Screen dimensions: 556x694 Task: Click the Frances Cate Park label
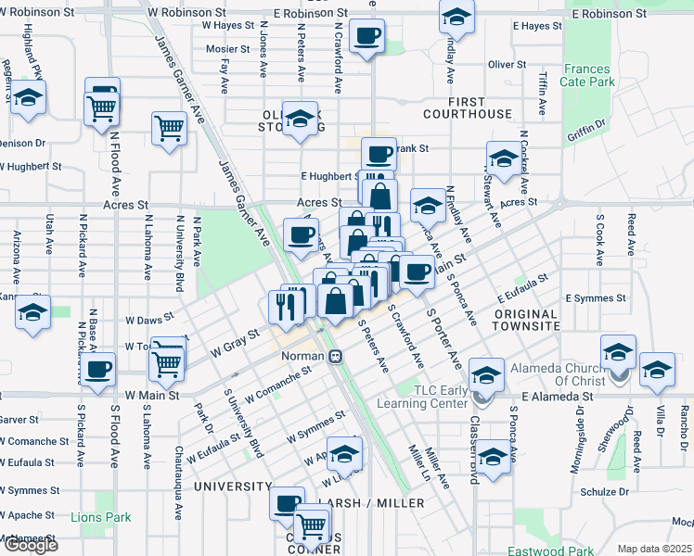(x=588, y=75)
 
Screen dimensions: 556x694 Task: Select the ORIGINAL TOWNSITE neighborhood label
(x=533, y=321)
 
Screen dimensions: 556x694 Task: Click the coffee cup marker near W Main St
(x=96, y=370)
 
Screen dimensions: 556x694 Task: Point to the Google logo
(x=31, y=544)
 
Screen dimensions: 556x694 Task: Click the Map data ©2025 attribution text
(x=655, y=549)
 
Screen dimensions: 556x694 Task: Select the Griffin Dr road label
(x=585, y=131)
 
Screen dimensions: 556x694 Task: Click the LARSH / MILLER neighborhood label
(x=371, y=503)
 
